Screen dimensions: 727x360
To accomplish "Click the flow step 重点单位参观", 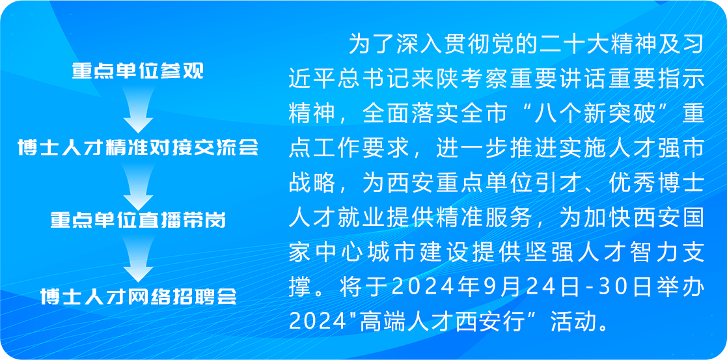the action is [137, 71].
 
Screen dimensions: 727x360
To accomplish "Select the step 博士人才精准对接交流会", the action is [138, 147].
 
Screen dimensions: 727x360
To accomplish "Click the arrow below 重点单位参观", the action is [138, 109].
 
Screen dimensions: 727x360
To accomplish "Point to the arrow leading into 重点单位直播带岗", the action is [138, 186].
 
